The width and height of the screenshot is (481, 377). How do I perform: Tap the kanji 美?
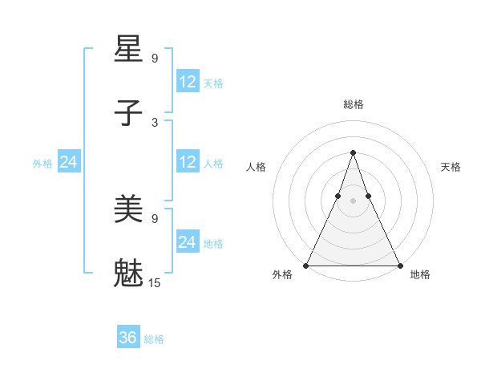(129, 209)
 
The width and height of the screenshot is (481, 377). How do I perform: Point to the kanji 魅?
(129, 273)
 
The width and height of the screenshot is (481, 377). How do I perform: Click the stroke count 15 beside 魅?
(155, 282)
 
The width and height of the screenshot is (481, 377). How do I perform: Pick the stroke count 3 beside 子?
(155, 122)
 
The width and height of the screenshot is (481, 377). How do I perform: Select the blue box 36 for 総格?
(128, 338)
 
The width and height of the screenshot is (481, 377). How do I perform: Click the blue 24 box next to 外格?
(68, 163)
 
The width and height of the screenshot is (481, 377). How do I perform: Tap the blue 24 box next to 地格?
(187, 242)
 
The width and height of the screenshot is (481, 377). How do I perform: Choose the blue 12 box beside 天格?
(187, 82)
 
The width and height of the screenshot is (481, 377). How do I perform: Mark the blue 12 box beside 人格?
(187, 163)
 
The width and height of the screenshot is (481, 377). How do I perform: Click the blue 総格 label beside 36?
(154, 339)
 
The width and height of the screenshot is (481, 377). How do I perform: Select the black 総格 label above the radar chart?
(353, 104)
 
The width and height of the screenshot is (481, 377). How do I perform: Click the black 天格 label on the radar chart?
(451, 167)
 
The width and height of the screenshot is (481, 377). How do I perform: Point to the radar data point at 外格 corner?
(306, 266)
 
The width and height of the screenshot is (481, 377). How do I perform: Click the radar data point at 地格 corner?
(399, 266)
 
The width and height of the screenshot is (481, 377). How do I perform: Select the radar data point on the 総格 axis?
(353, 152)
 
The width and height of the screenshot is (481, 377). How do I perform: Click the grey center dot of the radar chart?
(353, 201)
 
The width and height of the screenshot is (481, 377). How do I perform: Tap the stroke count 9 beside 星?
(155, 58)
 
